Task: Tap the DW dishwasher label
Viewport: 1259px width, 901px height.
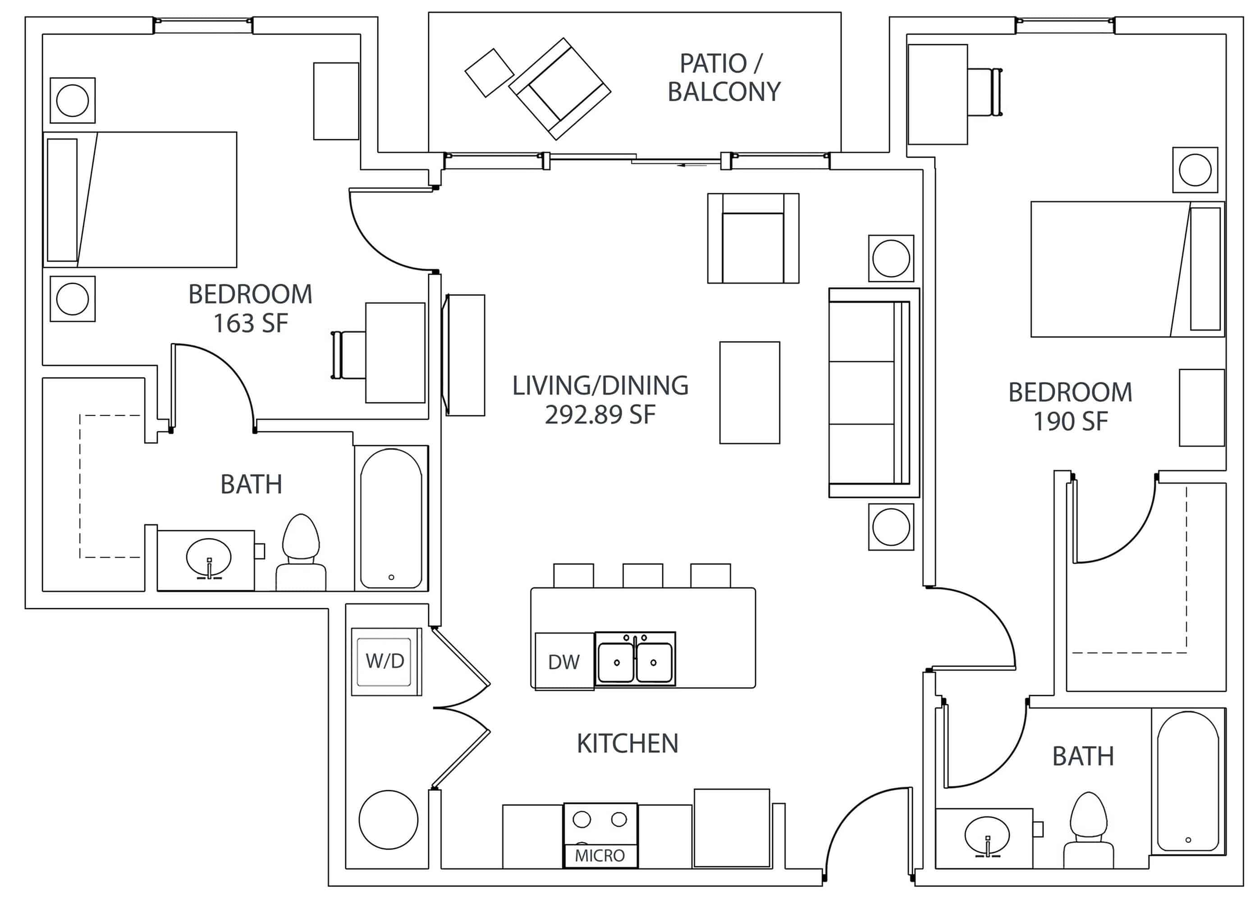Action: (563, 662)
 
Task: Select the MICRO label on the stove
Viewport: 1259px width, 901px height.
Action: (600, 855)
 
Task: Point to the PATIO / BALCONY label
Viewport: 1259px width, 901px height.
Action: (723, 77)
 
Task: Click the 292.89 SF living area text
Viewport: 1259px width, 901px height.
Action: (600, 414)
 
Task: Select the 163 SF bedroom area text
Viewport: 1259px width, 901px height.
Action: (251, 323)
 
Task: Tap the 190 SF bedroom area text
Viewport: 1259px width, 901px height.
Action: (1070, 421)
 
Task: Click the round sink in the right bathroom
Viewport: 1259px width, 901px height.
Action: (987, 836)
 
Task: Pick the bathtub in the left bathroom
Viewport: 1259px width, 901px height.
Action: (391, 518)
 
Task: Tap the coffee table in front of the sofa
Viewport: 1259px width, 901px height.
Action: (749, 392)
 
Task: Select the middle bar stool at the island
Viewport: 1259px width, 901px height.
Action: (642, 575)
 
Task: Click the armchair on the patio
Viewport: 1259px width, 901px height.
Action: (559, 89)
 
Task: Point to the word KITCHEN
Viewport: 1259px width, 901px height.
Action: (627, 743)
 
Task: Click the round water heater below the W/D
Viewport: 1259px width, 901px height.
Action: (388, 819)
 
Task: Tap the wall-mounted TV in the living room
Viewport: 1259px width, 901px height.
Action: (464, 355)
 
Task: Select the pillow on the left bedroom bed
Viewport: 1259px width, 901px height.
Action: (62, 200)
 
